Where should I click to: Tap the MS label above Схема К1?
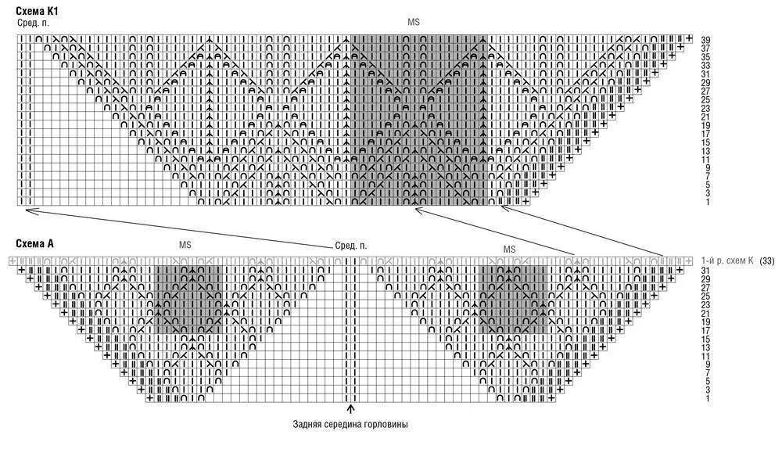414,23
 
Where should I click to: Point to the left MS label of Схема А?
185,245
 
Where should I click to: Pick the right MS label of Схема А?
510,249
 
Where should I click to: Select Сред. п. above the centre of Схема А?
350,246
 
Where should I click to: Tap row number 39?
705,40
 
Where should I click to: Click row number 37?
705,48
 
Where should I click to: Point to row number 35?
705,57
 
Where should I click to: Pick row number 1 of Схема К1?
707,202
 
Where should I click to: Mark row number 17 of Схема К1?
705,134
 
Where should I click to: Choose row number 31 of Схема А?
707,271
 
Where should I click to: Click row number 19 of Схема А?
707,321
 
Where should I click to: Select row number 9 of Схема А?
707,365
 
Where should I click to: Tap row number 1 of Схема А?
707,399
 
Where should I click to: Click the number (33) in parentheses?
767,260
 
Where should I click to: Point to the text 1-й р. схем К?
727,260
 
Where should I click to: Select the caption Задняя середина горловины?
350,425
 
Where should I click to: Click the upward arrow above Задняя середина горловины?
350,408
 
